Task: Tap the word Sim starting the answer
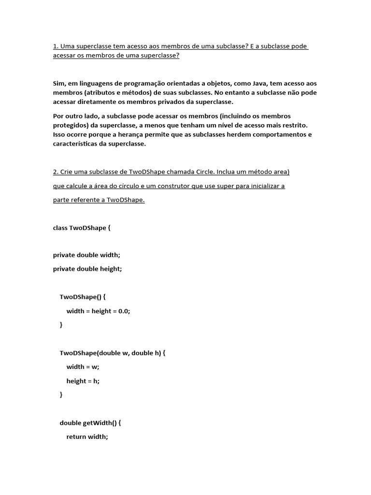(58, 84)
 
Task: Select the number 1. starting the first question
(56, 46)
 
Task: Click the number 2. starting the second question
(56, 172)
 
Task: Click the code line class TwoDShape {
(82, 227)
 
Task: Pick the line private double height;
(87, 269)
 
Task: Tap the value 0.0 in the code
(123, 311)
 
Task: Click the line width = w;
(83, 367)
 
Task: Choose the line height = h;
(83, 381)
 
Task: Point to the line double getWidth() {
(90, 422)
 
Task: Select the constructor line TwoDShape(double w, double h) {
(113, 353)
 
